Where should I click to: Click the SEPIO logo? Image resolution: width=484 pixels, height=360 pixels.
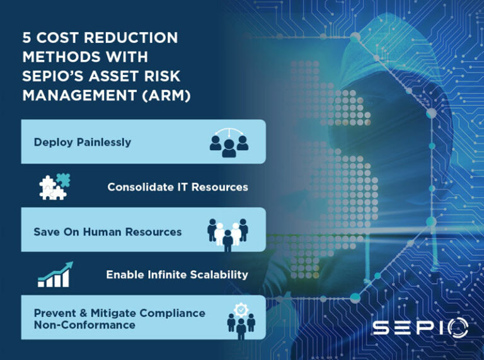[x=419, y=328]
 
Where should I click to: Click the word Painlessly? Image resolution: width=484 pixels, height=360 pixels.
[x=103, y=142]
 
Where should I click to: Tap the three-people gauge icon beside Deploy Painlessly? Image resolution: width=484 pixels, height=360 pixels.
[x=229, y=142]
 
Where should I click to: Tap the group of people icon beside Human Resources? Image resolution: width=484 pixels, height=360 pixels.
[x=228, y=232]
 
